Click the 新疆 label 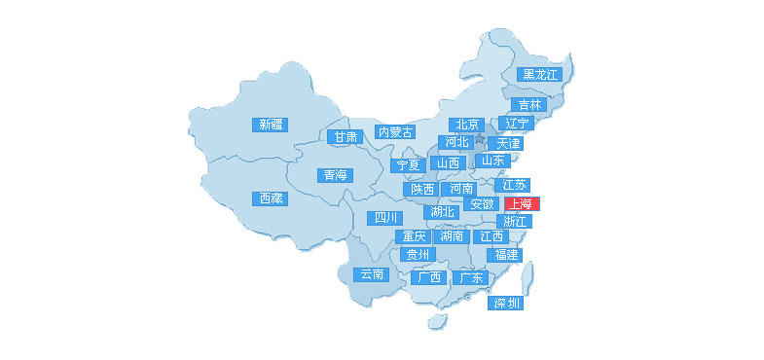tap(270, 124)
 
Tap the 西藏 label tap(272, 198)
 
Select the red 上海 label tap(521, 204)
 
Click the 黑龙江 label tap(540, 74)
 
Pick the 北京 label tap(467, 125)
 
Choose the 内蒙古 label tap(396, 131)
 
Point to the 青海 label tap(334, 175)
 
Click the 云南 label tap(372, 274)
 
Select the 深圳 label tap(506, 304)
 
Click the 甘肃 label tap(346, 137)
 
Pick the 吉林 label tap(529, 105)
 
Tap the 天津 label tap(510, 143)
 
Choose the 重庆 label tap(415, 236)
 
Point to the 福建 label tap(506, 255)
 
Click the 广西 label tap(428, 277)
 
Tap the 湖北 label tap(443, 211)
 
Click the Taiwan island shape tap(527, 281)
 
